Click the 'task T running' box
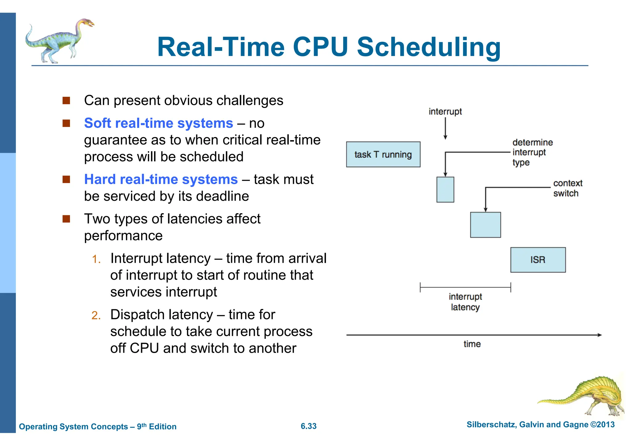pos(383,154)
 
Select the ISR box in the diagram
pos(538,260)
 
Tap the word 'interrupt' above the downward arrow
pos(445,111)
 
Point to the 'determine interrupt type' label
pos(532,152)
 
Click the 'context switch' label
pos(567,188)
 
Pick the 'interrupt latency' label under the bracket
pos(465,302)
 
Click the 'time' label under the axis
pos(472,344)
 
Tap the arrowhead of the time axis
pos(599,335)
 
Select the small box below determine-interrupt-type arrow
pos(445,189)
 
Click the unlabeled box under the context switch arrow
pos(485,225)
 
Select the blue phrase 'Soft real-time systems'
pos(158,123)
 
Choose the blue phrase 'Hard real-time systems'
pos(161,179)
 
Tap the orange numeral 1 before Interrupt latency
pos(96,259)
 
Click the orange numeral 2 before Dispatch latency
pos(96,315)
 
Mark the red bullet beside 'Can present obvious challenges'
pos(66,101)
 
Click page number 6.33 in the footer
pos(308,426)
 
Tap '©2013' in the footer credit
pos(602,425)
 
